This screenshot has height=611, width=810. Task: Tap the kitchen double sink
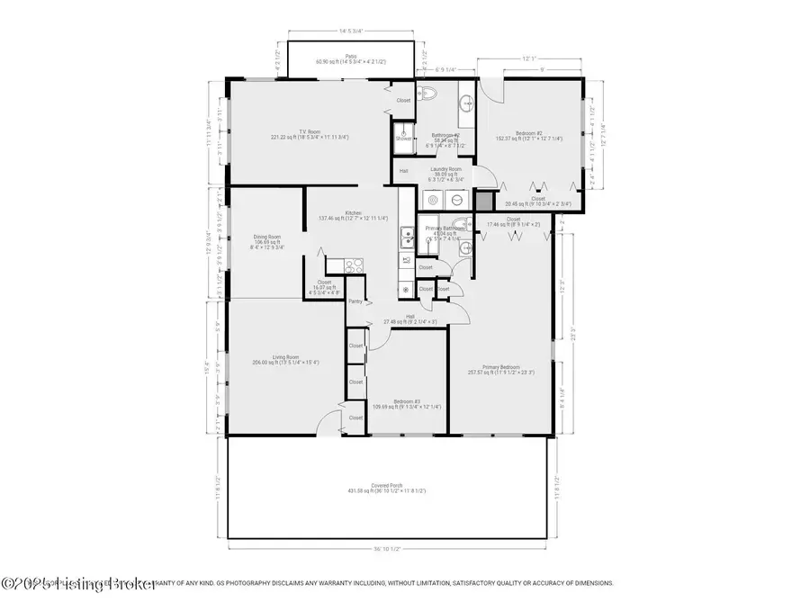click(x=407, y=238)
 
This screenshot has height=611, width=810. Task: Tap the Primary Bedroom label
click(x=501, y=369)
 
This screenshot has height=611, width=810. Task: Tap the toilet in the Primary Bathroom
click(x=459, y=226)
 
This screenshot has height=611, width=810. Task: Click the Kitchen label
click(x=354, y=214)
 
